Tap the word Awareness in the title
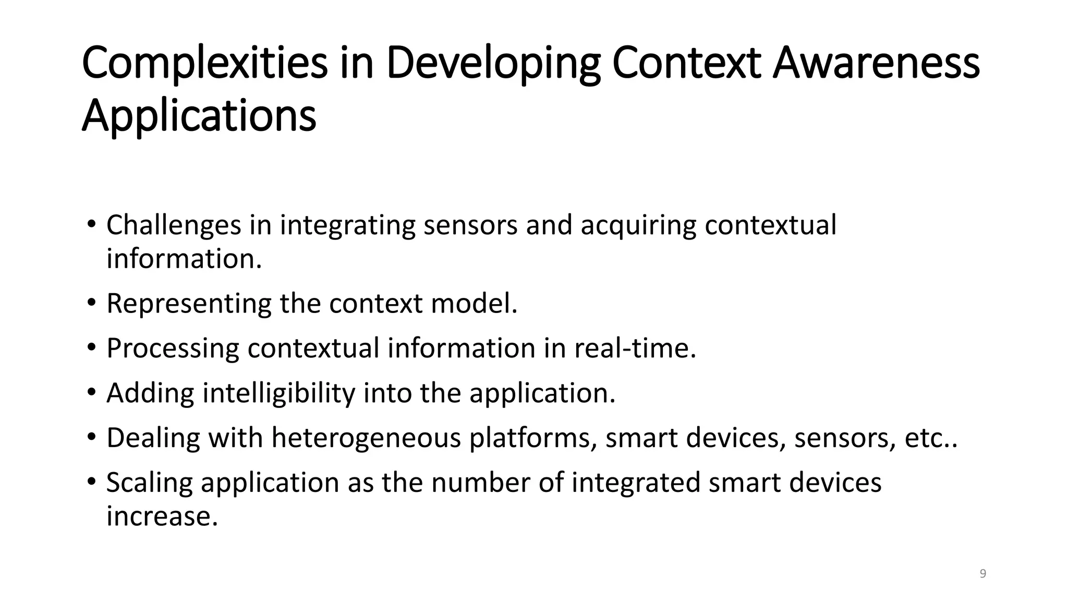coord(876,64)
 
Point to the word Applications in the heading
coord(199,116)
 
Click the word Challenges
coord(174,225)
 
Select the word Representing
coord(189,304)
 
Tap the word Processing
coord(173,348)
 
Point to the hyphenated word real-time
coord(635,348)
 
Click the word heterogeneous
coord(366,438)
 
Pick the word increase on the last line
coord(162,516)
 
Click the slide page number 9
coord(983,574)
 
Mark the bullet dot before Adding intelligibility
coord(92,392)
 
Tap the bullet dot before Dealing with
coord(92,437)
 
